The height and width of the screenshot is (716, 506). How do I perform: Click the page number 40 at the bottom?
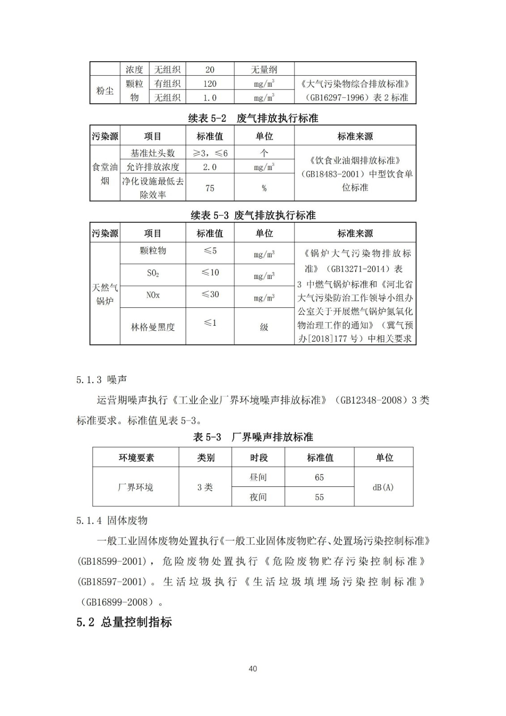pyautogui.click(x=252, y=669)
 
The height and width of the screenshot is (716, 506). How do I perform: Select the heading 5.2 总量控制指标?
pyautogui.click(x=124, y=622)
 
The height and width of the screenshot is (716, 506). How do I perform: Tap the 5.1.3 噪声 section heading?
pyautogui.click(x=102, y=379)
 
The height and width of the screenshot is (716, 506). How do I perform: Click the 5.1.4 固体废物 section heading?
pyautogui.click(x=112, y=520)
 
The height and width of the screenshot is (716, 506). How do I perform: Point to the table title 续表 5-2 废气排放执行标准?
pyautogui.click(x=253, y=119)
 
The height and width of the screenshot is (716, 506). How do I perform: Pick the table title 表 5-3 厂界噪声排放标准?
pyautogui.click(x=253, y=437)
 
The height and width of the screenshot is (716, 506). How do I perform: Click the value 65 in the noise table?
pyautogui.click(x=319, y=477)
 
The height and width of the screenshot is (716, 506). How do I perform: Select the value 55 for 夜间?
pyautogui.click(x=319, y=497)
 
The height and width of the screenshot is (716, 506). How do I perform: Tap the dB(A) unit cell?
pyautogui.click(x=383, y=487)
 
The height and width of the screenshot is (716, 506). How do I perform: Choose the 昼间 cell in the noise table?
pyautogui.click(x=258, y=477)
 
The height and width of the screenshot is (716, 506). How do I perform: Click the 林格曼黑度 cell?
pyautogui.click(x=153, y=327)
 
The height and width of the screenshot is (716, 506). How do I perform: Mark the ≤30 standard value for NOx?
pyautogui.click(x=210, y=294)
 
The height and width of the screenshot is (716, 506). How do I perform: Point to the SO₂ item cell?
pyautogui.click(x=153, y=273)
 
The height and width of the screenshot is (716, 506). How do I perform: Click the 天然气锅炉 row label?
pyautogui.click(x=105, y=294)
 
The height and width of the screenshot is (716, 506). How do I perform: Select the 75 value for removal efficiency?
pyautogui.click(x=210, y=188)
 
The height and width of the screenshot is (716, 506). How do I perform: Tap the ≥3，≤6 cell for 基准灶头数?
pyautogui.click(x=210, y=153)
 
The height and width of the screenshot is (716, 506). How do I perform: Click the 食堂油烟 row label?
pyautogui.click(x=105, y=174)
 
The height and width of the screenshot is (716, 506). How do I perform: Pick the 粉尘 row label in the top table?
pyautogui.click(x=105, y=90)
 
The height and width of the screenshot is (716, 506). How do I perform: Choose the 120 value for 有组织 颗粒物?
pyautogui.click(x=210, y=84)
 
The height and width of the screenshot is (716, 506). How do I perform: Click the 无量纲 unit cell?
pyautogui.click(x=264, y=69)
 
